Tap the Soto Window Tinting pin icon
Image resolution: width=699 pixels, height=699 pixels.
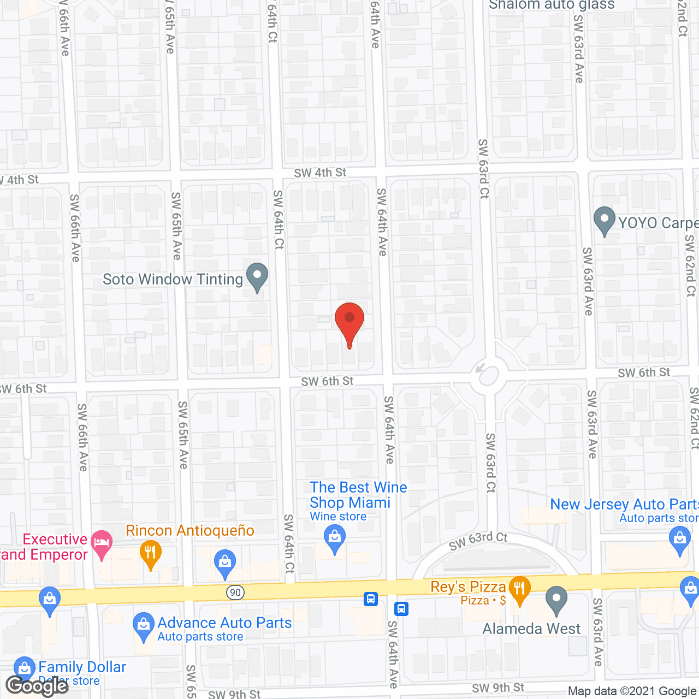pos(257,276)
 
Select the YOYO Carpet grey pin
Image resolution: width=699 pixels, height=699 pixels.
pos(604,220)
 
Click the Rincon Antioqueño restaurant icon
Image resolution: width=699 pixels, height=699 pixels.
pos(150,553)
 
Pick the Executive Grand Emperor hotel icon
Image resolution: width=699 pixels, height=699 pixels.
pos(102,544)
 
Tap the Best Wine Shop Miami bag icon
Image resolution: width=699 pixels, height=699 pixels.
pos(335,539)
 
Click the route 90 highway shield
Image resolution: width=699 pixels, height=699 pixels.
pos(235,593)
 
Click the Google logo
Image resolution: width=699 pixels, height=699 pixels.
pos(37,685)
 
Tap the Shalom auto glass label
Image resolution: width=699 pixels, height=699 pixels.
pos(552,5)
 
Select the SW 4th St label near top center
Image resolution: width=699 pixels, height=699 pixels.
pos(320,173)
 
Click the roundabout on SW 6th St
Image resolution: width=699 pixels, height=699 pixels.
pos(488,375)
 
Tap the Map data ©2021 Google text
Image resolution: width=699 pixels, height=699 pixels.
pos(632,691)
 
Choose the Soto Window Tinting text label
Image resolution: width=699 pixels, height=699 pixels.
pos(173,280)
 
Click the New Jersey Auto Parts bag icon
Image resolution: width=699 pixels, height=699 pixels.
pos(679,540)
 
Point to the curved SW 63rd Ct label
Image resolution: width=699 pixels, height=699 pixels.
pos(478,541)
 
